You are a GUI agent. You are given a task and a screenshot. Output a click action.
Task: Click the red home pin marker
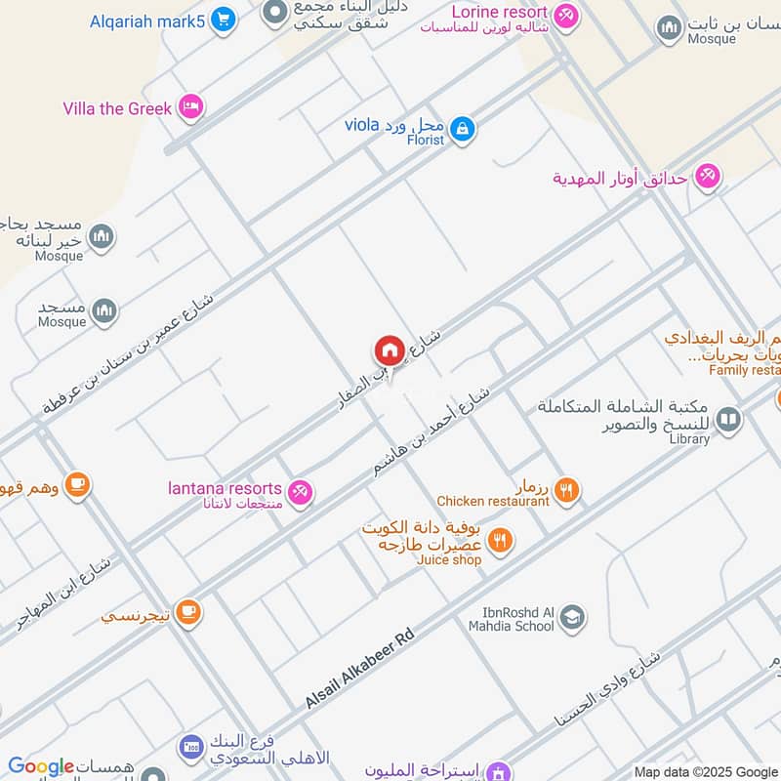click(389, 351)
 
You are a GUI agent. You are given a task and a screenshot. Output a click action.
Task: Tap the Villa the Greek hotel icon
click(191, 107)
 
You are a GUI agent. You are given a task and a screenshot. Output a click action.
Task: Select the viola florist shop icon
click(463, 128)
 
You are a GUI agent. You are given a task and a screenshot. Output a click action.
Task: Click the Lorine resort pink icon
click(565, 17)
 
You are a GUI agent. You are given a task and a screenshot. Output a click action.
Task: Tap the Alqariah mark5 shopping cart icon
click(224, 20)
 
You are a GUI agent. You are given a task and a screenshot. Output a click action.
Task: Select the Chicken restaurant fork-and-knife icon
click(566, 490)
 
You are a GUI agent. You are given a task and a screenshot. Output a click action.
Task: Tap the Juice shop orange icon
click(500, 540)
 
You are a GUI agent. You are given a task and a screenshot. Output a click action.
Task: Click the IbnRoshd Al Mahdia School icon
click(572, 617)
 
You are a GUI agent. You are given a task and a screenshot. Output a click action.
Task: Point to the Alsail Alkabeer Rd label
click(359, 670)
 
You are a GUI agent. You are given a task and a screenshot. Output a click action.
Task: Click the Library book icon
click(727, 420)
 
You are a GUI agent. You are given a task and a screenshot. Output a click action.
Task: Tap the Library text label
click(689, 439)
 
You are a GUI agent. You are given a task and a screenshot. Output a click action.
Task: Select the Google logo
click(41, 766)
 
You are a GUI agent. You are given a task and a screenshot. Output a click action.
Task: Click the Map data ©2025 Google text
click(706, 771)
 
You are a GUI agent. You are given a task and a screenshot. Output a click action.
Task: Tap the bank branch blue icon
click(191, 748)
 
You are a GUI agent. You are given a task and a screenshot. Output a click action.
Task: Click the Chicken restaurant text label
click(493, 501)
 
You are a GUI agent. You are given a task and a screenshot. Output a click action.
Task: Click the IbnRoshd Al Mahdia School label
click(511, 619)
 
